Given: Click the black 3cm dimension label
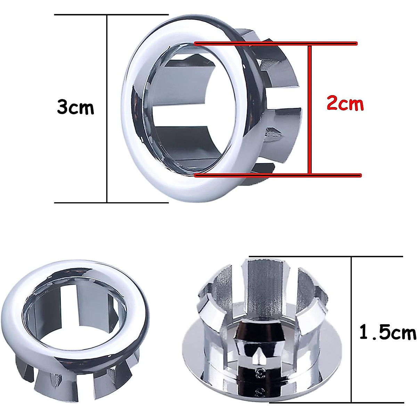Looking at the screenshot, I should coord(75,107).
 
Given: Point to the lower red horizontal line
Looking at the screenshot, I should coord(278,175).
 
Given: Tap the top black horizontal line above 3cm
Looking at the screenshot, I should coord(111,15).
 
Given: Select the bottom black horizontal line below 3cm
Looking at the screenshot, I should coord(111,203).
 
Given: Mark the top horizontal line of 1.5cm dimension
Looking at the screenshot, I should coord(327,257).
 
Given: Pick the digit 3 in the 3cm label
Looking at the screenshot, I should coord(64,107).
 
